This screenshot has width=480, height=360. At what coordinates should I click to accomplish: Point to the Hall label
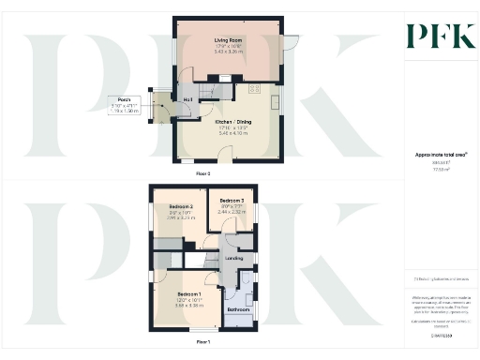(188, 97)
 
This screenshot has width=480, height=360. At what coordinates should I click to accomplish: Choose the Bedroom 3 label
(232, 201)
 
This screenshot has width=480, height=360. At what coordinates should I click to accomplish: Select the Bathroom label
(237, 308)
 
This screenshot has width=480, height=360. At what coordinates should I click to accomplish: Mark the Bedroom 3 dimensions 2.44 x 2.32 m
(232, 213)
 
